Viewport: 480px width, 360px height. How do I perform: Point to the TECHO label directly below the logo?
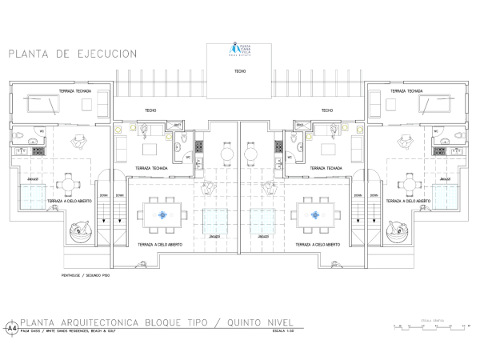click(240, 72)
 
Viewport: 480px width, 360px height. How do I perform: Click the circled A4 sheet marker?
click(11, 328)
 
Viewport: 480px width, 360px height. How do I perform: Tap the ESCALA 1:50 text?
click(283, 330)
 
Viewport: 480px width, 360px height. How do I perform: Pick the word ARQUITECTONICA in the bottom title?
click(99, 322)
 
